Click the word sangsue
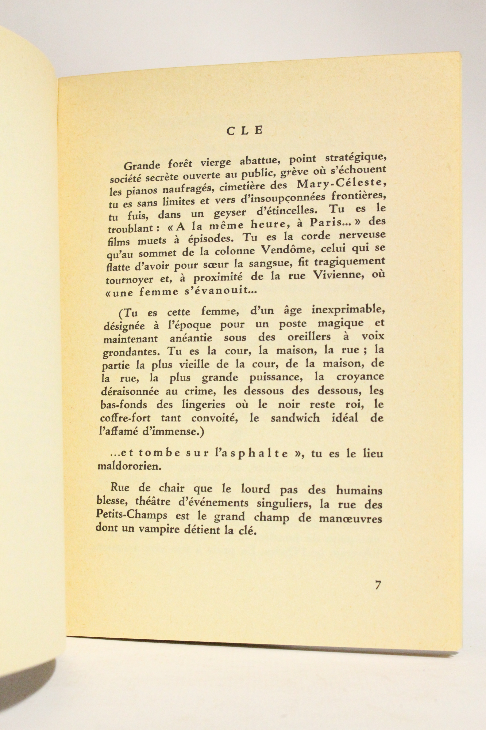tap(275, 264)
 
